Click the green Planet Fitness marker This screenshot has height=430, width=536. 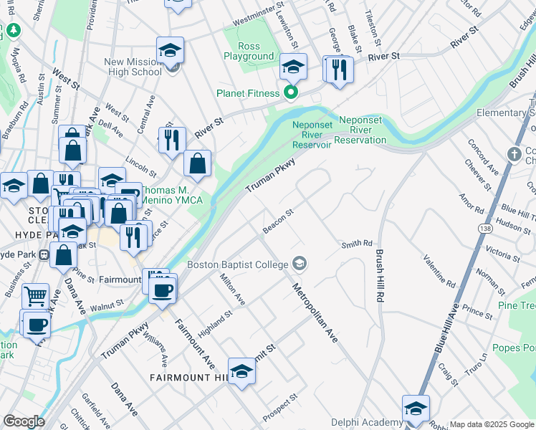[x=291, y=92]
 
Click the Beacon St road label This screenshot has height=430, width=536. [x=279, y=220]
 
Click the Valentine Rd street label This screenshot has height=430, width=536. [x=439, y=270]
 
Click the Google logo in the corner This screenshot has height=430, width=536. [x=24, y=421]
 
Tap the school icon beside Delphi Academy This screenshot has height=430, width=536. [x=416, y=408]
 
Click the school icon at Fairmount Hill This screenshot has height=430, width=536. [x=241, y=371]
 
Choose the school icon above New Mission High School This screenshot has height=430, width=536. [x=171, y=50]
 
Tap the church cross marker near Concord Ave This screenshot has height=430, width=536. [x=513, y=154]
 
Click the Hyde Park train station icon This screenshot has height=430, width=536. [x=44, y=254]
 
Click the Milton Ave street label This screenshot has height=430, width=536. [x=233, y=289]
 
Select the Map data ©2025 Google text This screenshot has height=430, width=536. [x=492, y=424]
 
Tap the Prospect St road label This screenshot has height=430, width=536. [x=279, y=407]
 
